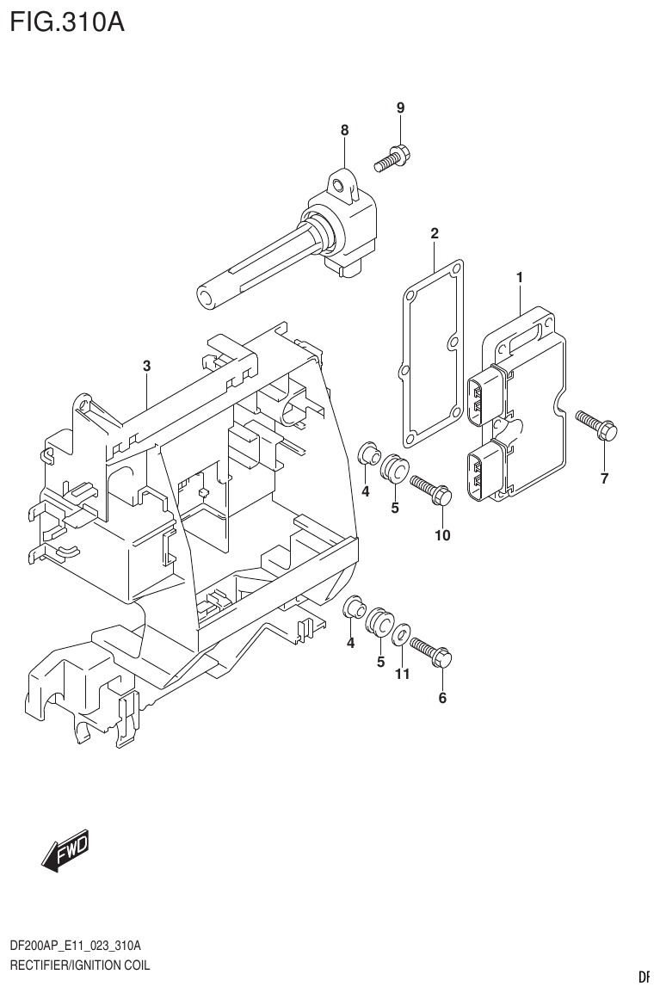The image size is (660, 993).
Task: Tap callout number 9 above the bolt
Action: point(400,108)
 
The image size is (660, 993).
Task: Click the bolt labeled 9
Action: point(392,158)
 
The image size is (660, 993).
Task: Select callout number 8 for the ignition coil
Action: point(344,131)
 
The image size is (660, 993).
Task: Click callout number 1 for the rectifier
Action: point(520,277)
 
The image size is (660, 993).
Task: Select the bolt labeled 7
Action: point(595,424)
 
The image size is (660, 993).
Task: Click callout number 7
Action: point(604,479)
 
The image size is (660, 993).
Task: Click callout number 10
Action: point(442,535)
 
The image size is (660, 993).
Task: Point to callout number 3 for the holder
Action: point(147,366)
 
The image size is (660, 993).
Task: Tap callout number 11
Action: point(402,675)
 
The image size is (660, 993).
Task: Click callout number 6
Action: point(442,698)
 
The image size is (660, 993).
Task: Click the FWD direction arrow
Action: point(65,853)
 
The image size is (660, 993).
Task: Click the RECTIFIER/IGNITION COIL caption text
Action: point(79,965)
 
